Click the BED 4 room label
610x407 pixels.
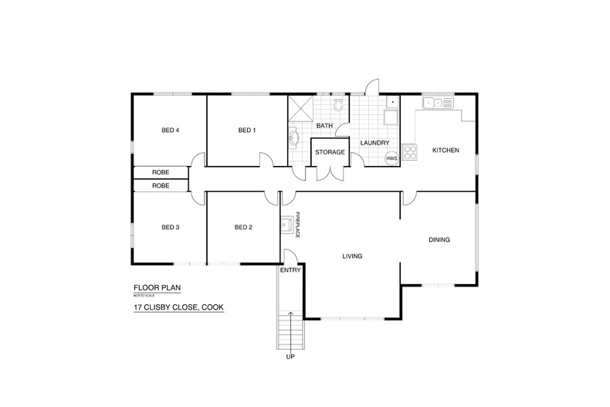(x=170, y=131)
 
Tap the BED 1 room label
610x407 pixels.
(x=246, y=131)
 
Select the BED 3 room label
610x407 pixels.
(x=170, y=227)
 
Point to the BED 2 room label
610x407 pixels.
(x=243, y=227)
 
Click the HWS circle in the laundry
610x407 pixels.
(x=391, y=158)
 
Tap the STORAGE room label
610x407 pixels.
(x=329, y=152)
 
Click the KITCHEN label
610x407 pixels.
(x=446, y=150)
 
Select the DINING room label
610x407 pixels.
(x=439, y=240)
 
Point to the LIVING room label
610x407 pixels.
(x=352, y=256)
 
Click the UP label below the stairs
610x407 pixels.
(x=290, y=357)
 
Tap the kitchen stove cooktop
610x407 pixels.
(x=408, y=151)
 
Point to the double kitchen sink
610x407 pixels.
(x=437, y=102)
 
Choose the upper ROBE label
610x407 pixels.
(x=161, y=172)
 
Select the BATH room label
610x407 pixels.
(x=324, y=126)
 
